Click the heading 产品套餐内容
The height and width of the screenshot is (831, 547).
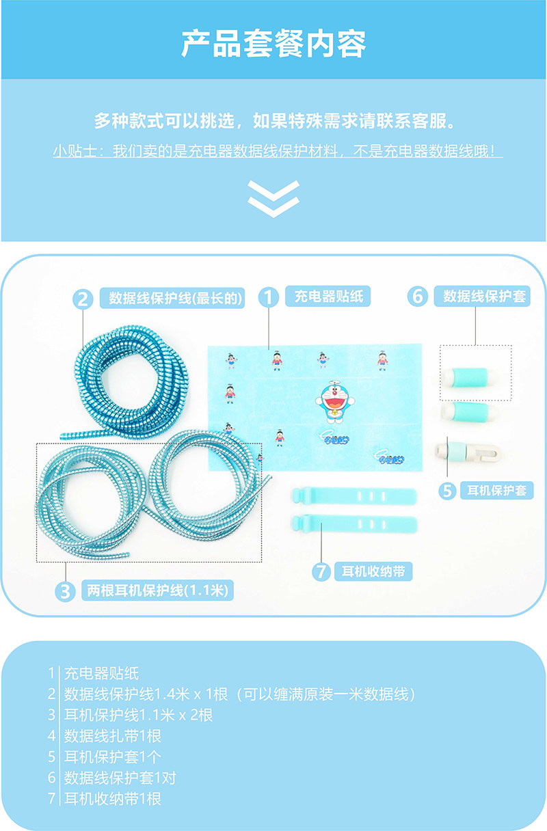[273, 44]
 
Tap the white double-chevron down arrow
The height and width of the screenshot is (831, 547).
[273, 198]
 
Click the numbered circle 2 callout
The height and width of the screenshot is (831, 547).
[83, 299]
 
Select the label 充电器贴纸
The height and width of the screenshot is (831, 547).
[328, 297]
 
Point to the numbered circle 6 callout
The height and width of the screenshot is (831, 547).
[418, 297]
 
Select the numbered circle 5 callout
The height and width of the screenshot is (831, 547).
[448, 491]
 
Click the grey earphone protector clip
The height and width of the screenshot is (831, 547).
[472, 451]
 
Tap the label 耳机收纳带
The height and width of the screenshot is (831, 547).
[373, 571]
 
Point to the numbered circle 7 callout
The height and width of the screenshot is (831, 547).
[321, 571]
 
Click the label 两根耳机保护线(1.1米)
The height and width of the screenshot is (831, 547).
[157, 590]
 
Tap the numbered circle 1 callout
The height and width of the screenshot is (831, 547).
[268, 297]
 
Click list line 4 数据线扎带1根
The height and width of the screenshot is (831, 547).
[113, 736]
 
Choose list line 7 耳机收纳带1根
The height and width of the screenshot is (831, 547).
[113, 798]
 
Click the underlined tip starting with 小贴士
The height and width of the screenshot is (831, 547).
[278, 152]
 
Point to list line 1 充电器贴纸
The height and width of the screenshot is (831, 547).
[101, 674]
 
